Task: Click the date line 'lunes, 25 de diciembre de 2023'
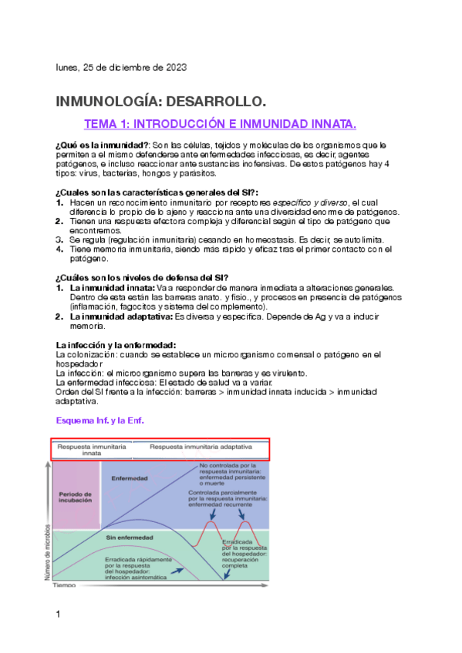(120, 67)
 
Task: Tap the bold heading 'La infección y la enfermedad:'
(116, 344)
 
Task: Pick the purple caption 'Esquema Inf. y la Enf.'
(100, 420)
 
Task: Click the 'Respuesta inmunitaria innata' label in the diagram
(92, 450)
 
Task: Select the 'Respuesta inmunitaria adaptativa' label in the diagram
(201, 447)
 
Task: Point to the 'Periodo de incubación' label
(76, 497)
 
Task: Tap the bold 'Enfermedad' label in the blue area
(130, 478)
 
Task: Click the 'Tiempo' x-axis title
(65, 586)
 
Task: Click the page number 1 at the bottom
(58, 614)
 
